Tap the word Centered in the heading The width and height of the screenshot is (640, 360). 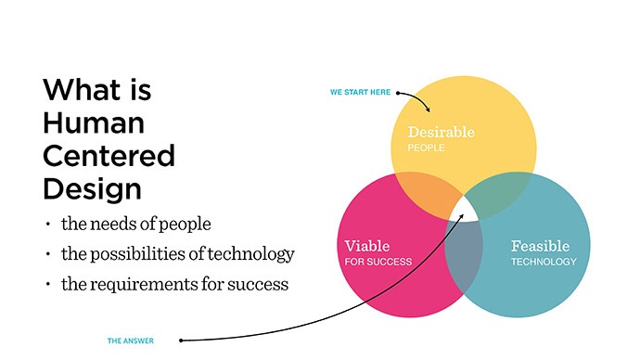[x=109, y=155]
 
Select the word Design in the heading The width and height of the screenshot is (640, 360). [x=92, y=188]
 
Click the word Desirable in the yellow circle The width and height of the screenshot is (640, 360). [x=441, y=132]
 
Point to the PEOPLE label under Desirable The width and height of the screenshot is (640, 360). [x=426, y=148]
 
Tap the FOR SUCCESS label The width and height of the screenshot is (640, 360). [x=378, y=262]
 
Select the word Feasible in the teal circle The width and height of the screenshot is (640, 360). [x=540, y=246]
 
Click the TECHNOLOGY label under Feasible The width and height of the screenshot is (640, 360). [x=544, y=262]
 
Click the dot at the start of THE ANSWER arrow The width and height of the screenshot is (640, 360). [x=181, y=340]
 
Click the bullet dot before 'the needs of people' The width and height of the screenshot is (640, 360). [x=49, y=225]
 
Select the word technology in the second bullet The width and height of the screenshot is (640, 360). [x=254, y=253]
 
